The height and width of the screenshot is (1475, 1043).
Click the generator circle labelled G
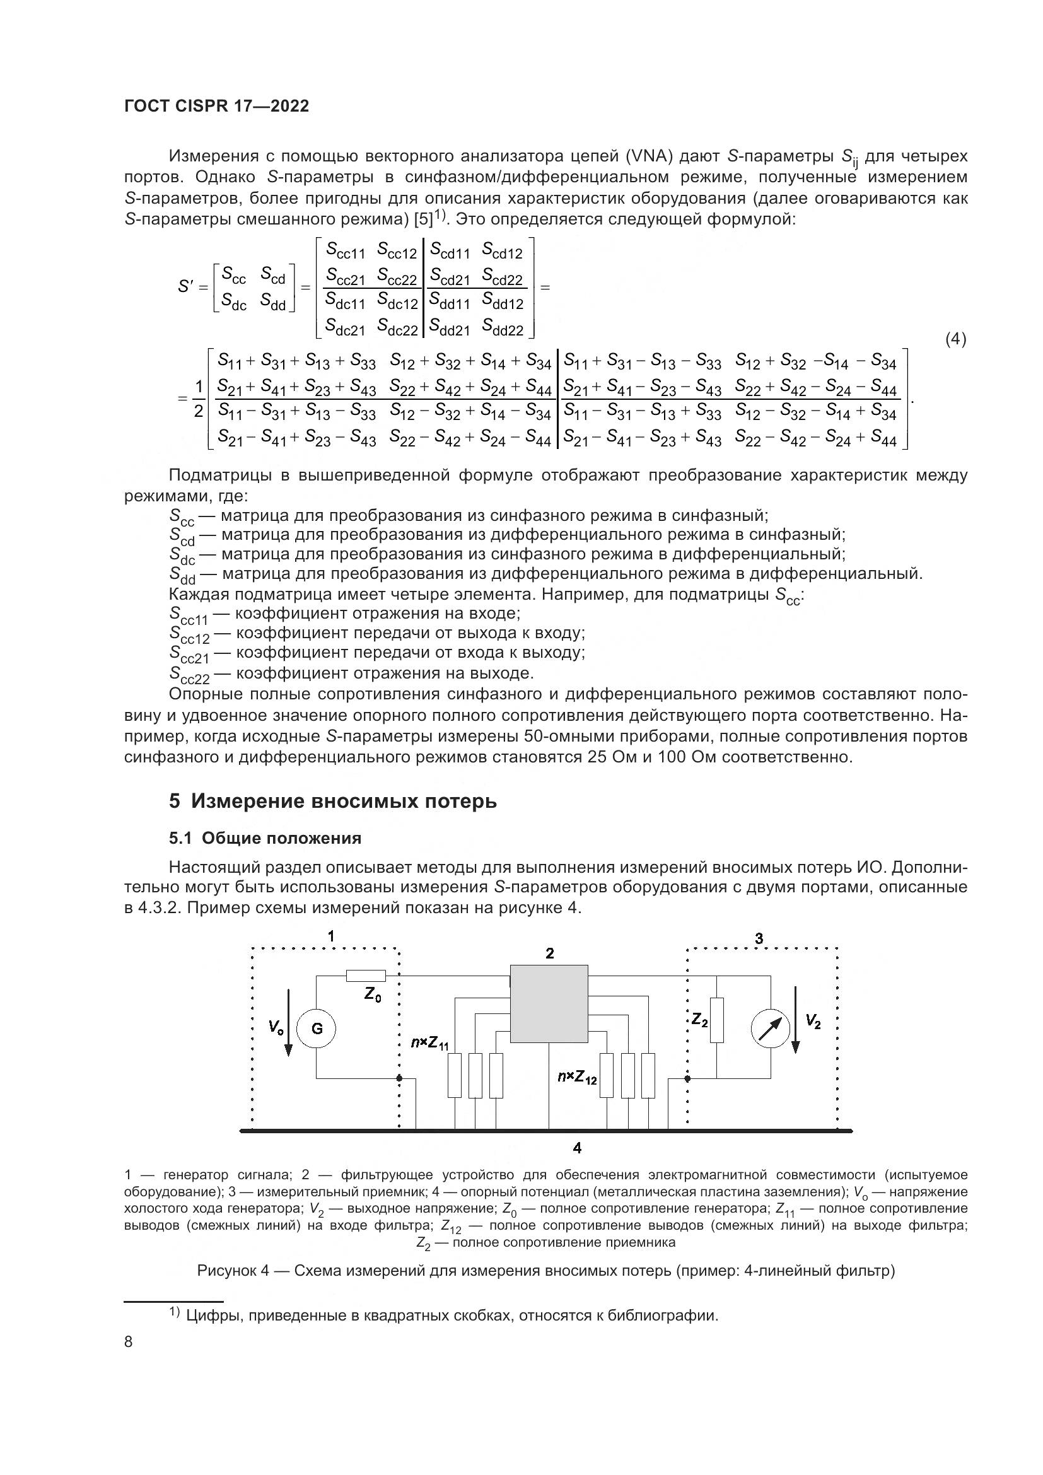click(x=317, y=1029)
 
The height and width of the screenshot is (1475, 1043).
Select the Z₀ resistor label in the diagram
click(x=373, y=994)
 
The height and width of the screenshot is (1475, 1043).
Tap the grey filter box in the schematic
click(x=549, y=1003)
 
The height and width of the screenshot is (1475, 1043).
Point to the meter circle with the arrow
click(x=771, y=1029)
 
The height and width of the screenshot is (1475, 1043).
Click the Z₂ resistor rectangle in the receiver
click(x=717, y=1020)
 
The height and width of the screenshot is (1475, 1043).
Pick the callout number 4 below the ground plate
click(x=578, y=1147)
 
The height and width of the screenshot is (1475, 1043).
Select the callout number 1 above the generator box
click(x=331, y=936)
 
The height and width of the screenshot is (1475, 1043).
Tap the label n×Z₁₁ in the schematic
click(x=429, y=1042)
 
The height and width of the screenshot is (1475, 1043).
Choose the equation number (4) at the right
click(x=955, y=339)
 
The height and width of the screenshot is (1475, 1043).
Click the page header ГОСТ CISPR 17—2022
click(x=216, y=106)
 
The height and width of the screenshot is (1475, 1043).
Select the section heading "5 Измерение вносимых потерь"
click(x=333, y=802)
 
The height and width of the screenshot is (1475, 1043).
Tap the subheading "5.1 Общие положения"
click(x=265, y=838)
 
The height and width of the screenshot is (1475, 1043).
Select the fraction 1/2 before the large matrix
click(x=199, y=399)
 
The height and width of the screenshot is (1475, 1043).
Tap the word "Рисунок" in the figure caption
click(x=228, y=1271)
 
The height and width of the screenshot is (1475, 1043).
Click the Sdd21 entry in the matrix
click(x=450, y=329)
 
